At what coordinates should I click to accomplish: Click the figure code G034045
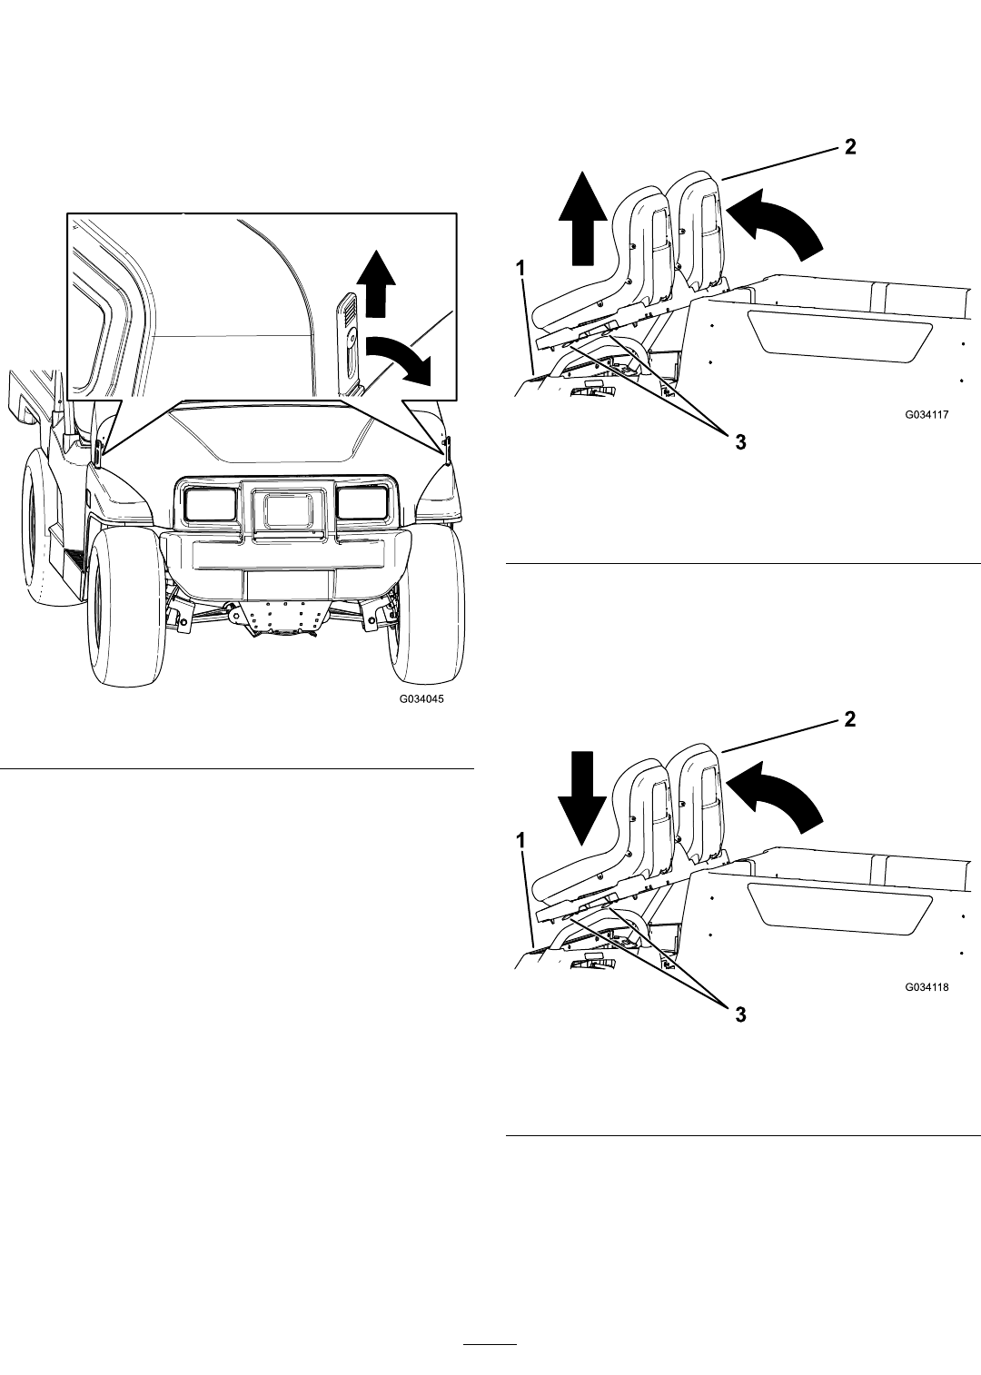pos(421,699)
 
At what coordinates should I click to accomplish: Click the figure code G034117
pos(926,414)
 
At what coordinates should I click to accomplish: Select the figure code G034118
pos(926,987)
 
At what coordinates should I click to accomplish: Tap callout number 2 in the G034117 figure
pos(849,147)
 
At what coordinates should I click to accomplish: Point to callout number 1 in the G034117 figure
pos(520,268)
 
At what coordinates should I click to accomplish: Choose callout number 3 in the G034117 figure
pos(741,442)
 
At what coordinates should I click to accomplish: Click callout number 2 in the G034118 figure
pos(849,718)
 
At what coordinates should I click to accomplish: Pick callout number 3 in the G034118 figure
pos(741,1014)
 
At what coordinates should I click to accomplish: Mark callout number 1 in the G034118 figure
pos(520,840)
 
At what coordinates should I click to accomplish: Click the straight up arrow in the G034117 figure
pos(582,218)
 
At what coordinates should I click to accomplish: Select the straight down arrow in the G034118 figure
pos(582,798)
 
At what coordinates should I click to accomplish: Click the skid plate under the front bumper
pos(285,618)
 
